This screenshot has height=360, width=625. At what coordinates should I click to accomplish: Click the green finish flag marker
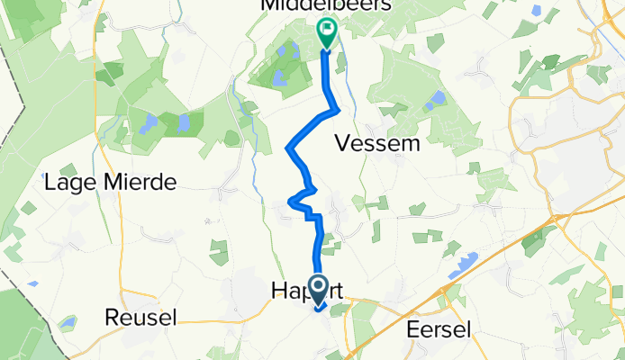pyautogui.click(x=325, y=32)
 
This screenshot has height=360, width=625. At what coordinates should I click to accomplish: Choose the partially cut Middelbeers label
pyautogui.click(x=339, y=6)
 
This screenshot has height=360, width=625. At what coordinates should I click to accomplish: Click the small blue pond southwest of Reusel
pyautogui.click(x=68, y=321)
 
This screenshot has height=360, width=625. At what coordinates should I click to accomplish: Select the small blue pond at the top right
pyautogui.click(x=537, y=12)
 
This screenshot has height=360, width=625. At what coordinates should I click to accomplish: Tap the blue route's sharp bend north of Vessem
pyautogui.click(x=337, y=110)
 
